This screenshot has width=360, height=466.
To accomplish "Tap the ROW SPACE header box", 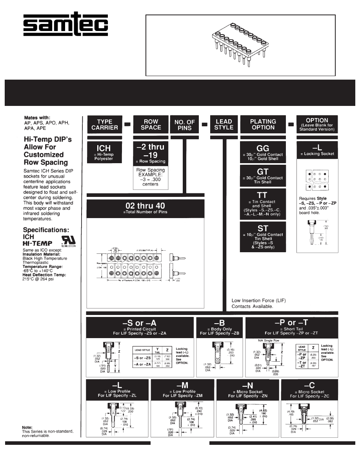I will [151, 124].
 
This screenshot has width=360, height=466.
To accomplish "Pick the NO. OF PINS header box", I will [185, 125].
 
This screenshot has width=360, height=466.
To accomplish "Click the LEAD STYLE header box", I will [224, 124].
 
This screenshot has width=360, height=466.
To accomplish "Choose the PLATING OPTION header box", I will [263, 124].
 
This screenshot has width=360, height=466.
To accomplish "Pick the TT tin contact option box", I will [263, 204].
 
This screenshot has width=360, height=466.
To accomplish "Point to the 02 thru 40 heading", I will [145, 208].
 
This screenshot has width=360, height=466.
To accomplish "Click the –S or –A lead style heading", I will [140, 327].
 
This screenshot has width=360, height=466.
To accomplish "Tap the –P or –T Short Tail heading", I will [291, 327].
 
